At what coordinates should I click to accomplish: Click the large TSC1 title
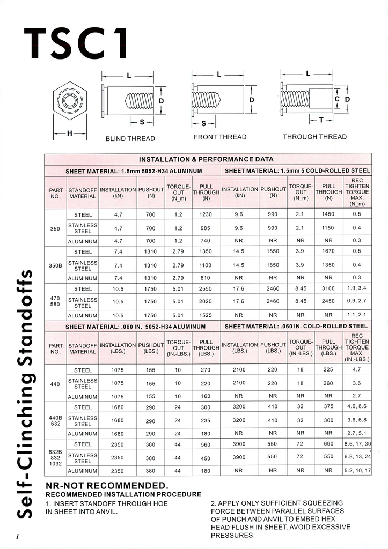[76, 45]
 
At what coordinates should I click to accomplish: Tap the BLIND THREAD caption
[130, 138]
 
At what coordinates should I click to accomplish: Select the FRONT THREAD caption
[220, 137]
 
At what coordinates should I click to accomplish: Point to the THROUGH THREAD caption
[315, 137]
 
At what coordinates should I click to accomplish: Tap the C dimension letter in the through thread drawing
[337, 99]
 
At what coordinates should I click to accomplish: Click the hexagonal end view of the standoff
[69, 100]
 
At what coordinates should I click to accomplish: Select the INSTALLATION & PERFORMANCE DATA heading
[207, 159]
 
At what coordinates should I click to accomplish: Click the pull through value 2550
[206, 288]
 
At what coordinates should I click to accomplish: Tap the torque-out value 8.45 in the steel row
[301, 288]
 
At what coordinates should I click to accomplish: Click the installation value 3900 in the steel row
[239, 444]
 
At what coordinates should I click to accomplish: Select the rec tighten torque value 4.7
[357, 369]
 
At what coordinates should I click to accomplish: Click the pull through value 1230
[206, 214]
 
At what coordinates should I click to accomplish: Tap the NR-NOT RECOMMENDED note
[107, 485]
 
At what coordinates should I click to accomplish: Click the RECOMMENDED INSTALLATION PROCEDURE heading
[123, 494]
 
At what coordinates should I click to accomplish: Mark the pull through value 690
[328, 444]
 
